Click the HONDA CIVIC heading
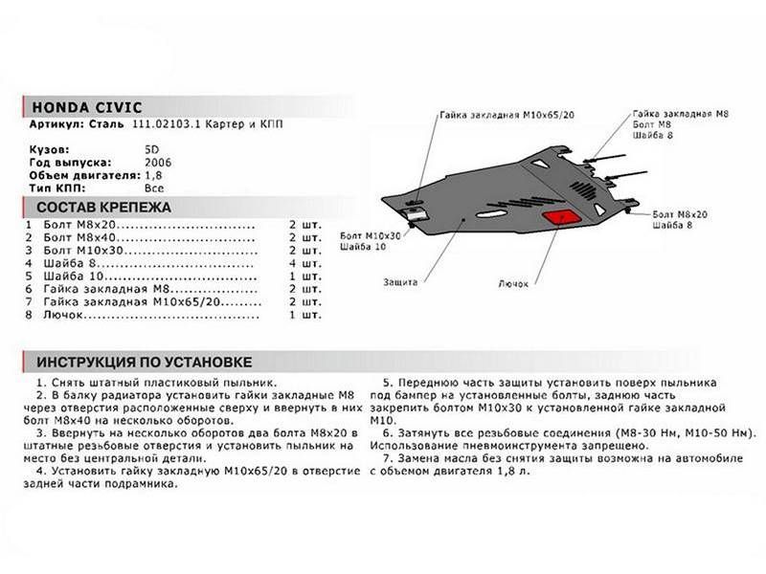pos(87,107)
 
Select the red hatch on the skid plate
pos(560,217)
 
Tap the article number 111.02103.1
pos(167,124)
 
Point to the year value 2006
pos(158,163)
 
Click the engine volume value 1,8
pos(153,175)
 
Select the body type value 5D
pos(151,150)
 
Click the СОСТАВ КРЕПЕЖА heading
pos(103,208)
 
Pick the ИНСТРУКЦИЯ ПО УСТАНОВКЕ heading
pos(145,363)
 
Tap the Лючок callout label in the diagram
pos(513,283)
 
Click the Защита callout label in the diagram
pos(400,282)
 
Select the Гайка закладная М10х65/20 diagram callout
pos(507,115)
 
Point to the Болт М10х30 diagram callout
pos(371,235)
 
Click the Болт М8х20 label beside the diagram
pos(680,214)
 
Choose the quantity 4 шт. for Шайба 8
pos(304,264)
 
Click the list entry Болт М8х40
pos(79,237)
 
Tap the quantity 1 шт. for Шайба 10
pos(304,276)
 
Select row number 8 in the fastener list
pos(29,315)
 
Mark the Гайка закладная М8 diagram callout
pos(681,114)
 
